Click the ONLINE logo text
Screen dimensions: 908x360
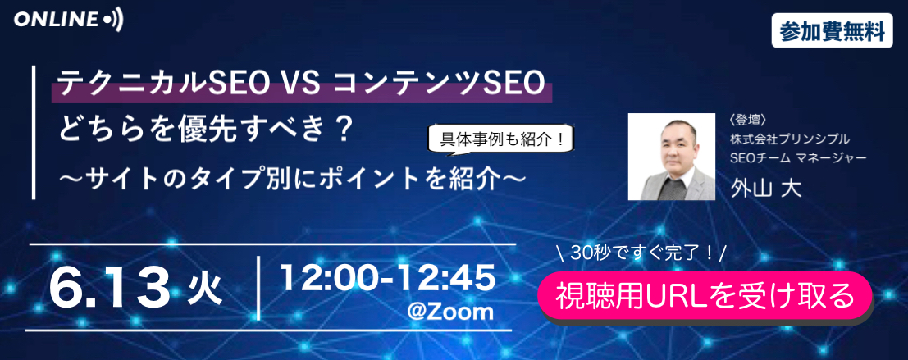pyautogui.click(x=57, y=21)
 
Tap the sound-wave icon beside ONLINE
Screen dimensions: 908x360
pyautogui.click(x=113, y=21)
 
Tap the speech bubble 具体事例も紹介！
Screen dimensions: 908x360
pyautogui.click(x=503, y=139)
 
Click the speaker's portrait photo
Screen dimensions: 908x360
pyautogui.click(x=672, y=157)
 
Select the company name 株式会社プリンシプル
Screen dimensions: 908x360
pyautogui.click(x=790, y=139)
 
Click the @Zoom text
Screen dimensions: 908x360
pyautogui.click(x=450, y=312)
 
